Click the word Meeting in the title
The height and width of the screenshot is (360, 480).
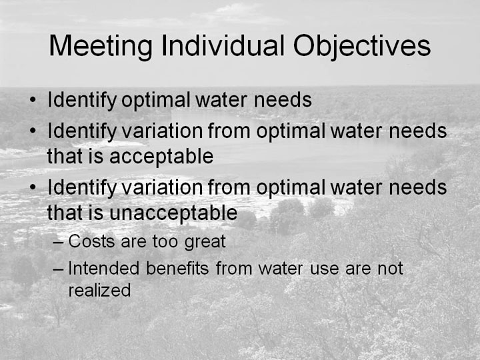tap(101, 46)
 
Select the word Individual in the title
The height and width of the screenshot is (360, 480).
tap(223, 45)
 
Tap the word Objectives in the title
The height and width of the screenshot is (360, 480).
tap(362, 46)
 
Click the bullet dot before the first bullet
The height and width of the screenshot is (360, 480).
tap(33, 100)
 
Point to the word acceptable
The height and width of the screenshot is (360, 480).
tap(161, 157)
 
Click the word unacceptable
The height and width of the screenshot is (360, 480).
tap(173, 213)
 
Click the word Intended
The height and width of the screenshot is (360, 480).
tap(104, 268)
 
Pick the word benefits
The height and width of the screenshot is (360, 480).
tap(177, 268)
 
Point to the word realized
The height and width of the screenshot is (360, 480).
tap(99, 290)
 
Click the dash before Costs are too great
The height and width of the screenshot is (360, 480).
tap(58, 243)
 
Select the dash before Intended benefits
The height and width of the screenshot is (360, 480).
tap(58, 270)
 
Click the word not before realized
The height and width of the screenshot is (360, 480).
tap(390, 269)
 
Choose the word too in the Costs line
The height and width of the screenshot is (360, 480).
tap(165, 242)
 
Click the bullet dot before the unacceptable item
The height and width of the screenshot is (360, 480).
tap(33, 187)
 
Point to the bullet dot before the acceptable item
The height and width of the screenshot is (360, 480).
tap(33, 131)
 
